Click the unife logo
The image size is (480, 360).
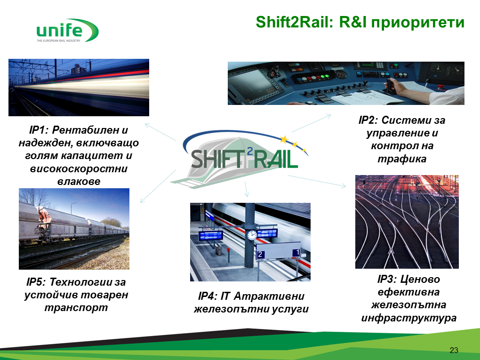click(x=67, y=30)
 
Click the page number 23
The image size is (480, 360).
click(x=454, y=350)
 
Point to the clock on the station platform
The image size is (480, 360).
click(x=252, y=235)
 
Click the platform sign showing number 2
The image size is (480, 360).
click(x=260, y=254)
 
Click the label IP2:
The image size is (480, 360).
click(x=368, y=120)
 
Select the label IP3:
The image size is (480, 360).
click(x=387, y=279)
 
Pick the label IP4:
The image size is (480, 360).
click(x=208, y=296)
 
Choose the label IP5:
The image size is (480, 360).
click(x=36, y=282)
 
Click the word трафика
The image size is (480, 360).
click(x=402, y=159)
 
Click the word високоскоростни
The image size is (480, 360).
click(x=79, y=169)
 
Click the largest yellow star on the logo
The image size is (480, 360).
click(x=284, y=139)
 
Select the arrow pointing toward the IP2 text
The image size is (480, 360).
click(x=312, y=123)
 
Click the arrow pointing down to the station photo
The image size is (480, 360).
click(x=246, y=189)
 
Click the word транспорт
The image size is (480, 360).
click(x=76, y=308)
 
